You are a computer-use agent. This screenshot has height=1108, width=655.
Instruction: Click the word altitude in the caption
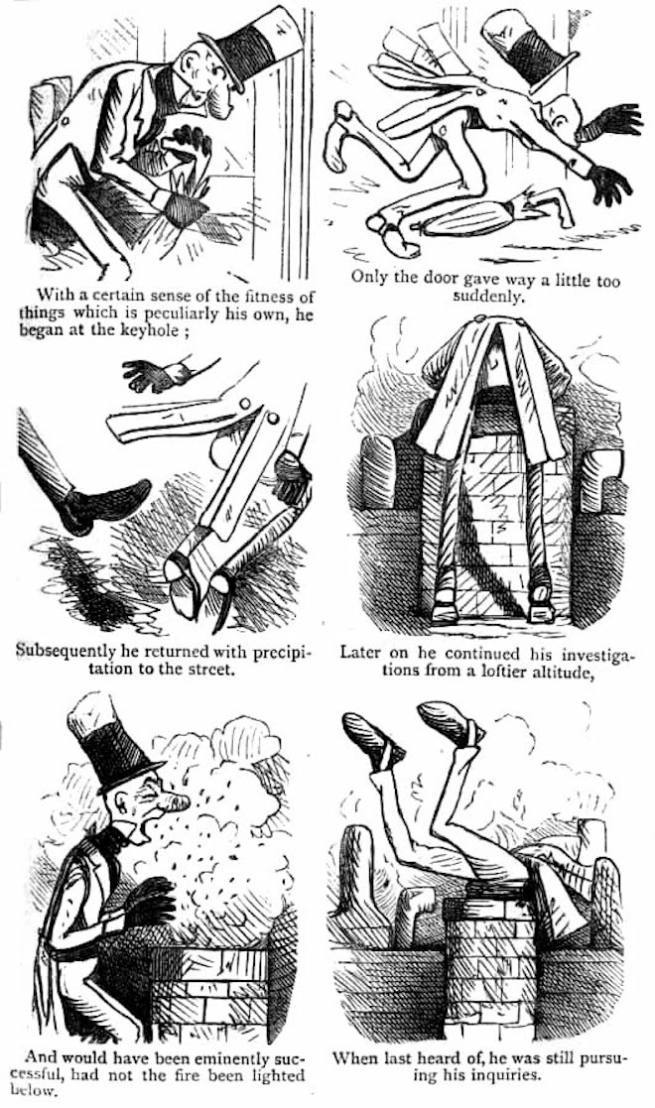tap(558, 670)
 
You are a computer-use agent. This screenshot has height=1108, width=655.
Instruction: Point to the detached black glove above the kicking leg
tap(153, 374)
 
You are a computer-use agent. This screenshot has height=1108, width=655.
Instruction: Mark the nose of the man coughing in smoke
tap(176, 803)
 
